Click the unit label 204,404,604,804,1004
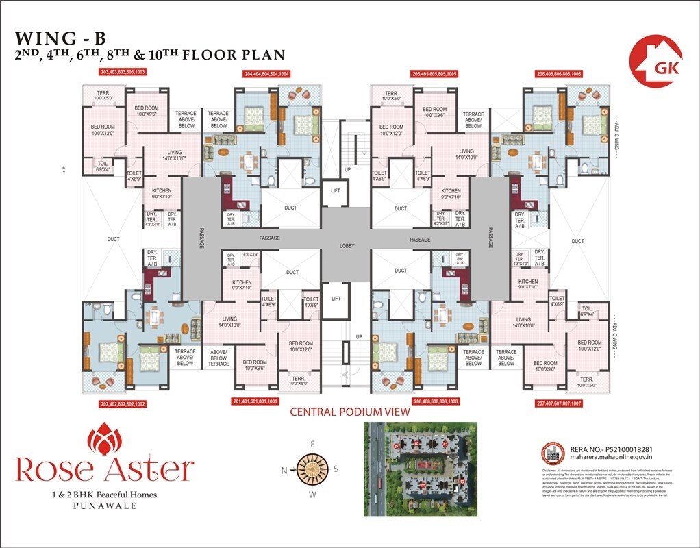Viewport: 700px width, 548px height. (x=266, y=73)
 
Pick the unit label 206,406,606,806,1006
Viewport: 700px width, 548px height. (x=559, y=73)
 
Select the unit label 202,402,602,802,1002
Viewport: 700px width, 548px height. (x=123, y=403)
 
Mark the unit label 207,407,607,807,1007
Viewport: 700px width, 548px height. (x=559, y=403)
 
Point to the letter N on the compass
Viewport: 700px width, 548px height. (x=284, y=470)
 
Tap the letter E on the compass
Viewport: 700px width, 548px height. (x=312, y=444)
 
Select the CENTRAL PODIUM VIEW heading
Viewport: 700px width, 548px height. (x=349, y=412)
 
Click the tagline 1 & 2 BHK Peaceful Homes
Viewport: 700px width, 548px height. (x=105, y=495)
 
